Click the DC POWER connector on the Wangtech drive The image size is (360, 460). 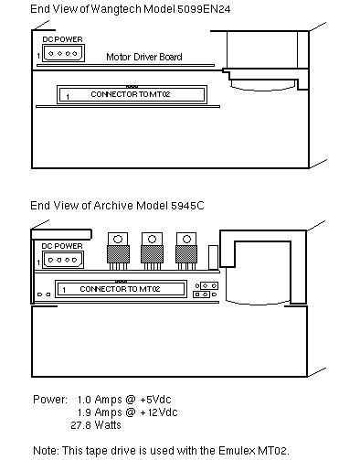63,53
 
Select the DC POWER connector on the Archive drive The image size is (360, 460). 63,260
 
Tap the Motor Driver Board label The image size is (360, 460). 144,57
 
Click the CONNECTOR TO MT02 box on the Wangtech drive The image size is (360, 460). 132,94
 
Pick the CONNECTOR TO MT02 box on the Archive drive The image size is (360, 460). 121,289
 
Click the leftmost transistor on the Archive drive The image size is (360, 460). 118,251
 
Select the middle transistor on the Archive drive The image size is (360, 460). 152,251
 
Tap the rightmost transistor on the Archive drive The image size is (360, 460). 186,251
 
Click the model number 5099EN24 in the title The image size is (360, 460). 204,9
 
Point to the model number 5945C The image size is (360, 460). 187,206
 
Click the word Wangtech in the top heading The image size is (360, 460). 116,9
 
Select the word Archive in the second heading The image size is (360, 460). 113,206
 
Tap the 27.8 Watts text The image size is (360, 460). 96,425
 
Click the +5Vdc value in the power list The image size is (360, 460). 155,400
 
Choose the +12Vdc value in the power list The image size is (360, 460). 158,412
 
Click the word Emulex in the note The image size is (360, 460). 237,451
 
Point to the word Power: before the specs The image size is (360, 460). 50,400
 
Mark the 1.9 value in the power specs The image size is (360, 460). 84,412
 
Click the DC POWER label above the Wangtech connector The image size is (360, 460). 62,39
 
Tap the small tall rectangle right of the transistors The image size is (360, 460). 213,257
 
